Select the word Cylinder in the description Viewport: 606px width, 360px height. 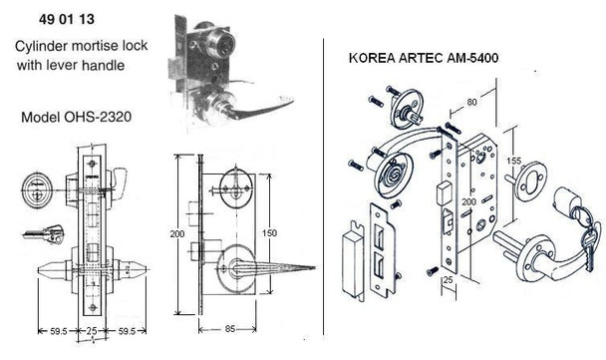pos(46,47)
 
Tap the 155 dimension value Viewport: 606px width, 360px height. pos(510,160)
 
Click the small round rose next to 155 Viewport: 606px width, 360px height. pos(522,192)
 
